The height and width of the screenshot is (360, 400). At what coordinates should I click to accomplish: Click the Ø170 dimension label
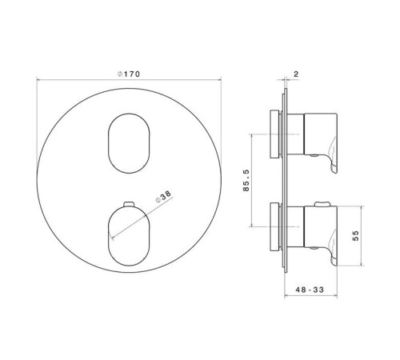click(x=128, y=74)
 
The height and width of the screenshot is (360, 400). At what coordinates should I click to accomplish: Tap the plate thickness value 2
click(x=296, y=74)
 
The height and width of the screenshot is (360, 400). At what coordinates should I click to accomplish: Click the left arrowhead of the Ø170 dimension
click(x=38, y=80)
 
